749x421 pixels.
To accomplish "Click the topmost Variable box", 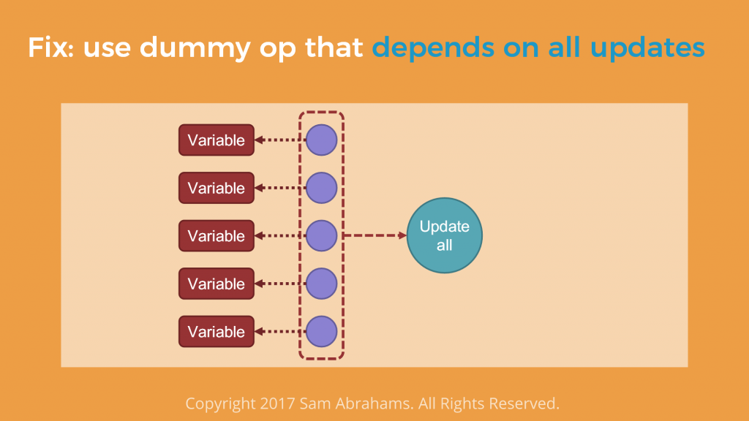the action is [217, 140].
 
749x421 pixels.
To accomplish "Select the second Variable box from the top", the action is [217, 188].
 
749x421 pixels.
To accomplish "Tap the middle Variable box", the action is [217, 236].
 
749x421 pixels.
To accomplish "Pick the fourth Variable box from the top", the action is [217, 284].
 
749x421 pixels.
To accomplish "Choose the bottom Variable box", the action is [217, 331].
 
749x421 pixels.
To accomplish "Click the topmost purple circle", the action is [322, 140].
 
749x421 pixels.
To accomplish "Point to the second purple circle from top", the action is [322, 188].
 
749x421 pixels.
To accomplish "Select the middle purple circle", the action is [322, 236].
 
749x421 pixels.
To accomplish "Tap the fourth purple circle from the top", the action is [322, 284].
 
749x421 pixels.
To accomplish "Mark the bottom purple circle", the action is [322, 331].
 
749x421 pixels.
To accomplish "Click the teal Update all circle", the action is [444, 235].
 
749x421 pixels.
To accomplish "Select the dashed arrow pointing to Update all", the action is [375, 235].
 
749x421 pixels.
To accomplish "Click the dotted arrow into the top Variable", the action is [280, 140].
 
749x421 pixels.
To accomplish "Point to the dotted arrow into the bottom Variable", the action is [280, 331].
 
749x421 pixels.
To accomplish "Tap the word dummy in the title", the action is [195, 48].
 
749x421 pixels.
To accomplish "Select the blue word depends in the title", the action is [433, 48].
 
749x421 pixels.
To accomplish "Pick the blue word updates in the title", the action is [647, 48].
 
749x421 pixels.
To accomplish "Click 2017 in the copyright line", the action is [277, 403].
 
